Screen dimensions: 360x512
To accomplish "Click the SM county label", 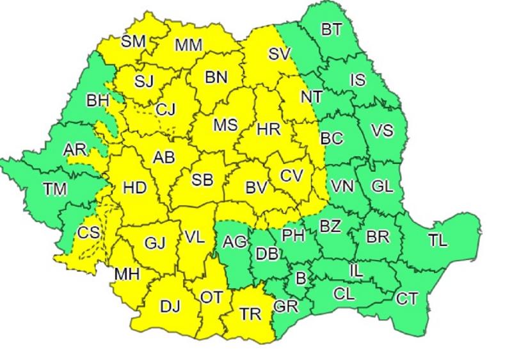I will [x=133, y=41].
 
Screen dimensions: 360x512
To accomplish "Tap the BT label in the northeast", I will [x=331, y=29].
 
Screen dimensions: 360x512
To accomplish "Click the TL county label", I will [x=438, y=241].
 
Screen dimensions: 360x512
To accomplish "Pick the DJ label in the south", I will [x=170, y=306].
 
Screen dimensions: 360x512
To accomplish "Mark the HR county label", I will [x=267, y=129].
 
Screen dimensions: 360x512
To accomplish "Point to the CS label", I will [x=88, y=233].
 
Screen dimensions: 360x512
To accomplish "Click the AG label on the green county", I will [x=235, y=242].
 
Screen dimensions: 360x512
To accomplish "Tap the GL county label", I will [x=381, y=187].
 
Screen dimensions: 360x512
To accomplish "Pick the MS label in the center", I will [x=225, y=124].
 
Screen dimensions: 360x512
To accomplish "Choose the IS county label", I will [x=358, y=81].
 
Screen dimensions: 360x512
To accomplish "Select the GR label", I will [x=285, y=306].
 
